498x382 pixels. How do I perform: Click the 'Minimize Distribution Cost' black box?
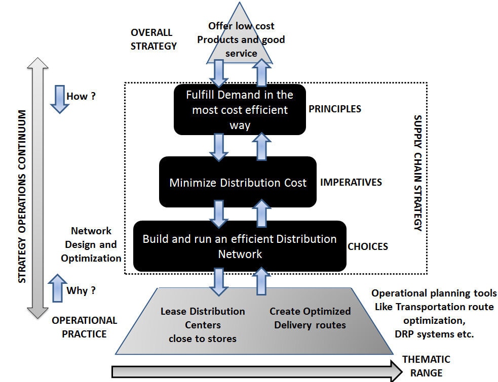pyautogui.click(x=238, y=182)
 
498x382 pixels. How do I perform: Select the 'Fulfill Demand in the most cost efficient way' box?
pyautogui.click(x=240, y=110)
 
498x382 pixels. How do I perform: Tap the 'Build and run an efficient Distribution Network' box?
pyautogui.click(x=240, y=246)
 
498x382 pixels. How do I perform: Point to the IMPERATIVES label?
pyautogui.click(x=351, y=182)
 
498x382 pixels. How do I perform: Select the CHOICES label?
pyautogui.click(x=368, y=247)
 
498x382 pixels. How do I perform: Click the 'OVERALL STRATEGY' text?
pyautogui.click(x=154, y=39)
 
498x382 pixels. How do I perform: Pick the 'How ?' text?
pyautogui.click(x=81, y=96)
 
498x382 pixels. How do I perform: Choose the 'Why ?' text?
pyautogui.click(x=81, y=291)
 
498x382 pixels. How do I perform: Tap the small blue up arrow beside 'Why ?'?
pyautogui.click(x=59, y=288)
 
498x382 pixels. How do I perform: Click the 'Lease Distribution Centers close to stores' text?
pyautogui.click(x=203, y=325)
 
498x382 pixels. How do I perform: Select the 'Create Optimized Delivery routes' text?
pyautogui.click(x=310, y=318)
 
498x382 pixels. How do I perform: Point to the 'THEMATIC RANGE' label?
pyautogui.click(x=426, y=366)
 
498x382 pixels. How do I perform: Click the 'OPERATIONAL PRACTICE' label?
pyautogui.click(x=84, y=327)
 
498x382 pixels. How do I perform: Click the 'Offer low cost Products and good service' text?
pyautogui.click(x=241, y=39)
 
